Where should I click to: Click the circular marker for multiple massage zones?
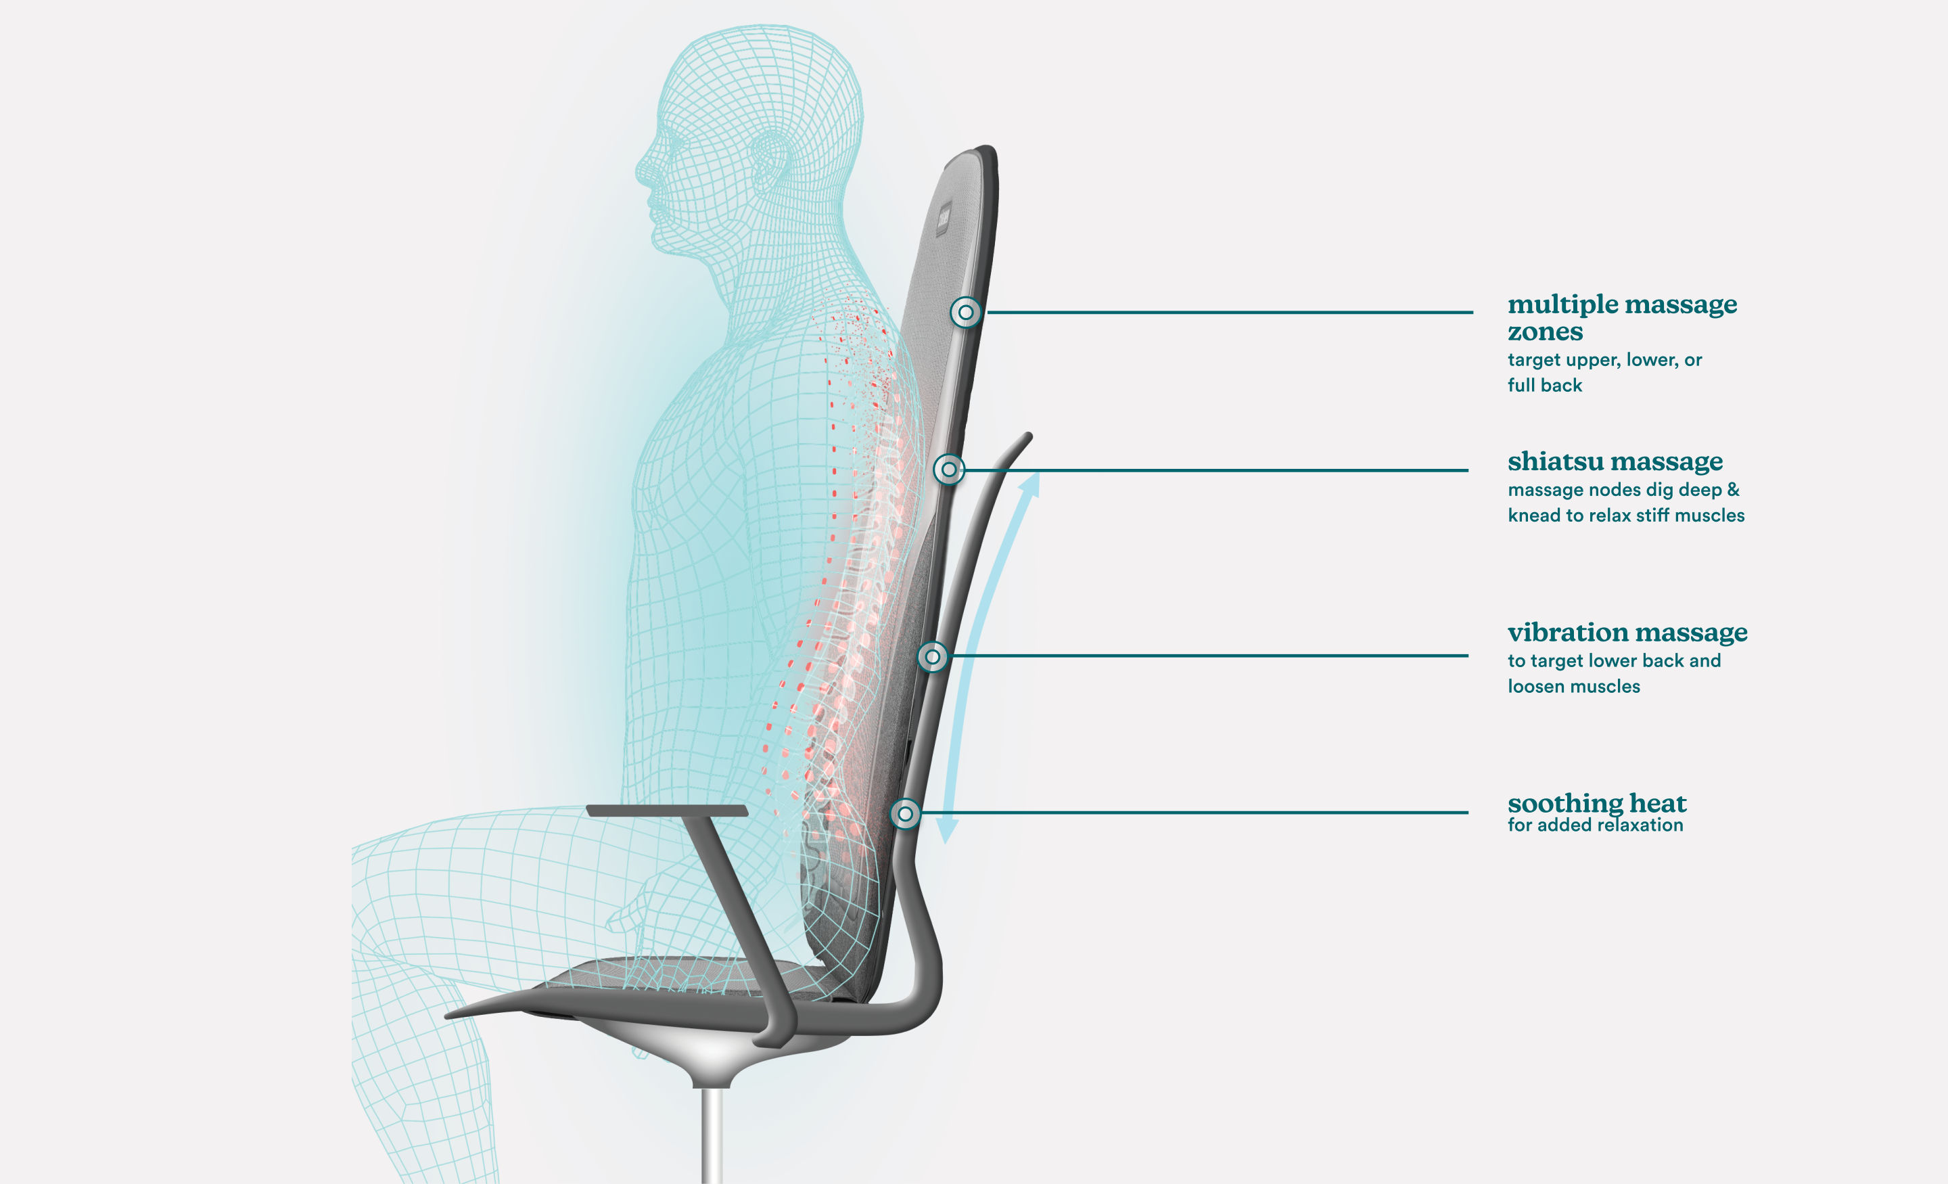click(x=965, y=313)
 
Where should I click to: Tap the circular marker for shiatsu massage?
click(x=949, y=470)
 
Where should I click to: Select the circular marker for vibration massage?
click(x=933, y=656)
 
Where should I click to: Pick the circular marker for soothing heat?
click(x=905, y=813)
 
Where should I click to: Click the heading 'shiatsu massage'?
click(x=1615, y=461)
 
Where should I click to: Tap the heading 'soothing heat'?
click(x=1596, y=803)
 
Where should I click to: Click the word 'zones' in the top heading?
click(x=1545, y=332)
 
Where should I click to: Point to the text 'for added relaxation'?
click(x=1596, y=825)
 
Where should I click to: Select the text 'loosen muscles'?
click(x=1573, y=687)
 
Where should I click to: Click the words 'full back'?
click(x=1545, y=385)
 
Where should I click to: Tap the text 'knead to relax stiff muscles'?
click(x=1625, y=516)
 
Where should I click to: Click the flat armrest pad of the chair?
click(x=667, y=811)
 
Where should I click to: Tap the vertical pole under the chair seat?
click(x=712, y=1135)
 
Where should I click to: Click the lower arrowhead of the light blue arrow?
click(x=946, y=830)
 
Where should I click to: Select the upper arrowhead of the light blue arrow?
click(x=1029, y=483)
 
